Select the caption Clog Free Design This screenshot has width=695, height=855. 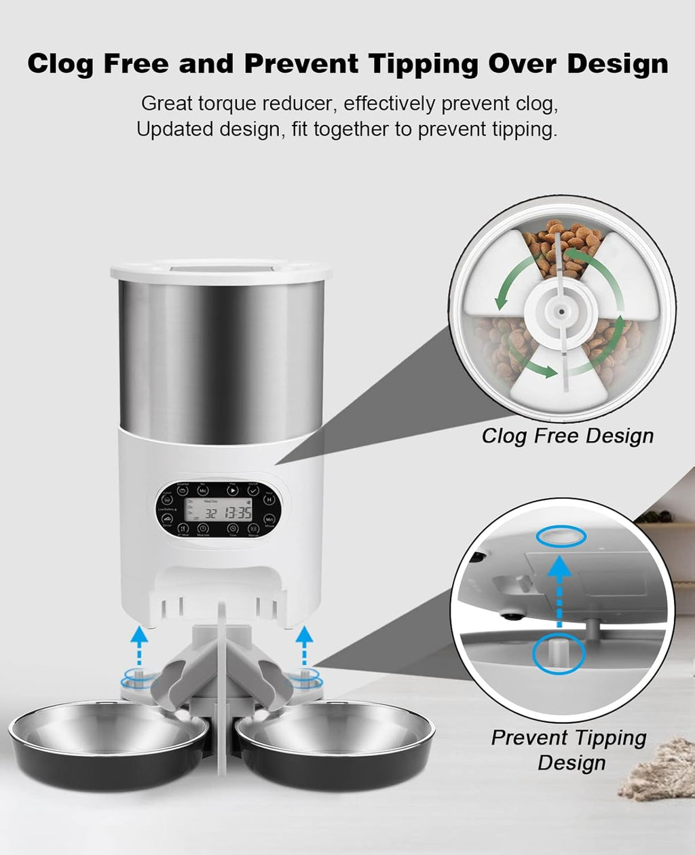click(x=567, y=436)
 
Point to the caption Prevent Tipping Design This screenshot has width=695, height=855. click(x=569, y=749)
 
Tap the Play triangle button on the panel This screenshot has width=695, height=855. click(x=233, y=490)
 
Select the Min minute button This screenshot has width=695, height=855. click(x=269, y=519)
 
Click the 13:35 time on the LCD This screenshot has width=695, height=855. click(x=238, y=514)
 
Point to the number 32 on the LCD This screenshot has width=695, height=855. click(x=212, y=514)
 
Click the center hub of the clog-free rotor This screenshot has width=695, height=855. click(x=561, y=310)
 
